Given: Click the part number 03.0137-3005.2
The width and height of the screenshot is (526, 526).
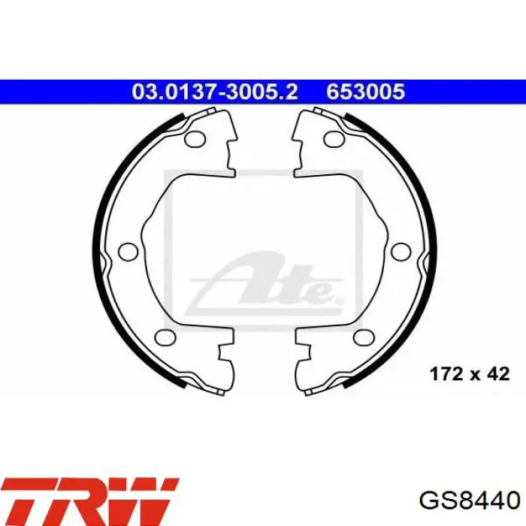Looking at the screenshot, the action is tap(215, 92).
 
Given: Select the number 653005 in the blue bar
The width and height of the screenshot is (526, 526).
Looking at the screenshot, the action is tap(366, 92).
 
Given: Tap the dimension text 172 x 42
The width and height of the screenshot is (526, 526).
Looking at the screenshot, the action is tap(470, 373).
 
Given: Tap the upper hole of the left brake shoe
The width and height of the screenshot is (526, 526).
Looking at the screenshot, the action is tap(195, 138).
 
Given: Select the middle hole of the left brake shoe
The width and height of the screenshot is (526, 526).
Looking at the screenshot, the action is tap(128, 251).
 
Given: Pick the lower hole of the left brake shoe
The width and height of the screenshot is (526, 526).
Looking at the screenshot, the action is tap(166, 337).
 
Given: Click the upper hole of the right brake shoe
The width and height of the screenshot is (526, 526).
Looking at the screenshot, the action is tap(334, 138).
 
